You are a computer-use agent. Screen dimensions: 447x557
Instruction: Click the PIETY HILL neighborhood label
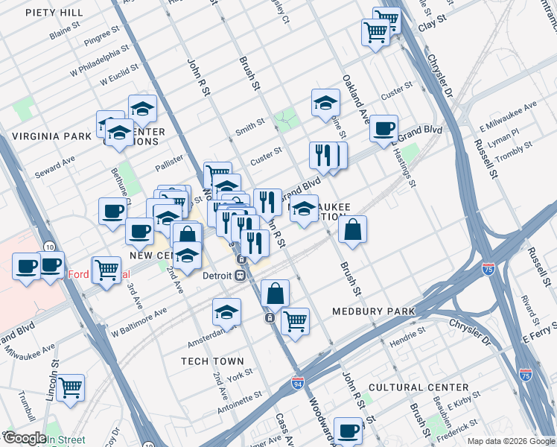pyautogui.click(x=54, y=13)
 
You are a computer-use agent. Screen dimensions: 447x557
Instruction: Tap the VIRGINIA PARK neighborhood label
pyautogui.click(x=50, y=137)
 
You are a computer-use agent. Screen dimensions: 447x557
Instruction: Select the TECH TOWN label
pyautogui.click(x=213, y=361)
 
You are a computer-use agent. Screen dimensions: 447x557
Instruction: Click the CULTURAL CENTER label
pyautogui.click(x=418, y=387)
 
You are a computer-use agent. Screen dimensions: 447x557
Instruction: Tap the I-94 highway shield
pyautogui.click(x=297, y=384)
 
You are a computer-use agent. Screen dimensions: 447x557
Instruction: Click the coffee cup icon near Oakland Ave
pyautogui.click(x=383, y=128)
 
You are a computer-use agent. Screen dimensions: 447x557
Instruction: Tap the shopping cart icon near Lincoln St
pyautogui.click(x=71, y=386)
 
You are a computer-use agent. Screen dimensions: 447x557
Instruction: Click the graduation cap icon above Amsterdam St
pyautogui.click(x=226, y=312)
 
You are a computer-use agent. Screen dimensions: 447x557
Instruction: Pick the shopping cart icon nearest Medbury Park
pyautogui.click(x=296, y=321)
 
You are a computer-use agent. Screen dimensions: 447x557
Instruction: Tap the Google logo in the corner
pyautogui.click(x=24, y=438)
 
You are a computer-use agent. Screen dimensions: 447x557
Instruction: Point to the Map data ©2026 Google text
pyautogui.click(x=510, y=440)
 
